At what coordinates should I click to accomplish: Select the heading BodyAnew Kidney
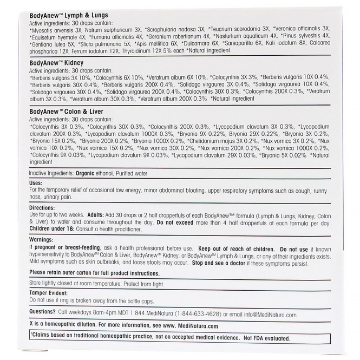pos(55,63)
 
